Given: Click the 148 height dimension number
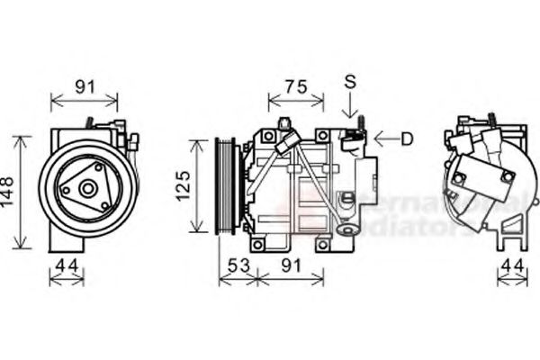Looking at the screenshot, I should (x=9, y=192).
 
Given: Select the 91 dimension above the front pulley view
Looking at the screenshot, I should (x=85, y=87).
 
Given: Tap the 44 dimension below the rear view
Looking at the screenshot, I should (x=511, y=265).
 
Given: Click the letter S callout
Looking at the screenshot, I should (x=350, y=82).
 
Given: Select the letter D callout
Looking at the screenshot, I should (x=408, y=139).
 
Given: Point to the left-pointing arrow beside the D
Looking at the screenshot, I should (x=386, y=139).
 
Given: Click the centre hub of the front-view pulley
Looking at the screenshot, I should (x=87, y=190).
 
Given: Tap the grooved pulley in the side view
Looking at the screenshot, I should (x=225, y=185).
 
